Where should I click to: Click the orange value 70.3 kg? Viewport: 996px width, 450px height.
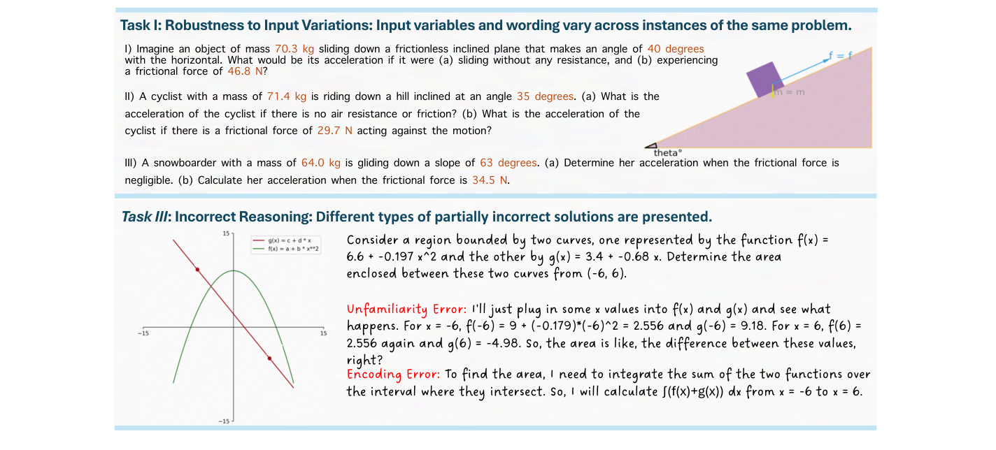pos(297,49)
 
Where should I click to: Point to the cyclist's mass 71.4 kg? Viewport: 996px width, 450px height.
pos(287,96)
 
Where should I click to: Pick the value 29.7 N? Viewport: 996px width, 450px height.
pos(335,130)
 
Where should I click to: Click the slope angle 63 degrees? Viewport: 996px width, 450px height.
pos(508,163)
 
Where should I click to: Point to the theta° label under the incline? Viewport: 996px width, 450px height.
pos(668,152)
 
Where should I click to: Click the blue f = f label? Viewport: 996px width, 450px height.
pos(840,55)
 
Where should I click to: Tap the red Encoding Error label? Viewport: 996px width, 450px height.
pos(393,375)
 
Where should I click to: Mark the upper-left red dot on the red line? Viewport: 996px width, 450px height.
pos(197,269)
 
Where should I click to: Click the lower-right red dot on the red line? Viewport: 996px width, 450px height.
pos(269,358)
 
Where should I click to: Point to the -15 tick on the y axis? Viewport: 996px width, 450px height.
pos(223,421)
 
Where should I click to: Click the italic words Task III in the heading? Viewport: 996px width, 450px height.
pos(145,217)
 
